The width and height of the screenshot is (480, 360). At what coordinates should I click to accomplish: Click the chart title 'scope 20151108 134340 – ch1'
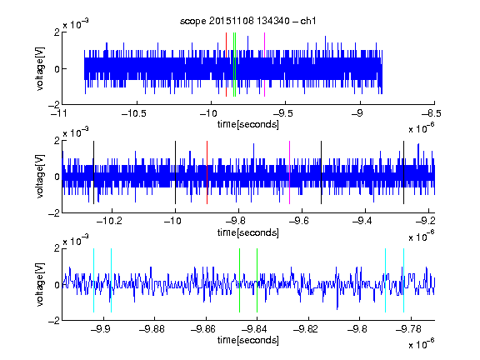(x=247, y=21)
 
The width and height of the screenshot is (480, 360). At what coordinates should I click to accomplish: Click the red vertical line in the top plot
(x=226, y=65)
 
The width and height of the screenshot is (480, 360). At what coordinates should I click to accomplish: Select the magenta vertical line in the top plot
(x=264, y=65)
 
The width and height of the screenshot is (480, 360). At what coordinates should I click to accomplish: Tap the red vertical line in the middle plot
(x=207, y=172)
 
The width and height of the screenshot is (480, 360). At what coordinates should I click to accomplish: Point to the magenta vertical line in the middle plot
(x=290, y=172)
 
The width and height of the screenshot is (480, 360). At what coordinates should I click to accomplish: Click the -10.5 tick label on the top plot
(x=134, y=113)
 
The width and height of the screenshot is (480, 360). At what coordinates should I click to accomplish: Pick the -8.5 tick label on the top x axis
(x=432, y=113)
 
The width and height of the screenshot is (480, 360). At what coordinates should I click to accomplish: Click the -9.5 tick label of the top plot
(x=282, y=113)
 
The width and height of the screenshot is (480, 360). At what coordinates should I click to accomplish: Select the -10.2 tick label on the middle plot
(x=109, y=221)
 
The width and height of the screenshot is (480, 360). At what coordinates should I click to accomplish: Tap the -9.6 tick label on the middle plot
(x=299, y=221)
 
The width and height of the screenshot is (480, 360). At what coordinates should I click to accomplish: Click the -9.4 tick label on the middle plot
(x=362, y=221)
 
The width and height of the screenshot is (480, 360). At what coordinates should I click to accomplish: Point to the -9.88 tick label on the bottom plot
(x=152, y=329)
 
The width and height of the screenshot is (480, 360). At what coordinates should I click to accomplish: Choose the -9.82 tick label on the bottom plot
(x=306, y=329)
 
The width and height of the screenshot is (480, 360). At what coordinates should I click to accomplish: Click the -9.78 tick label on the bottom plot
(x=408, y=329)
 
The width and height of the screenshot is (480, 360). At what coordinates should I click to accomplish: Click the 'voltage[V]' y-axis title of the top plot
(x=40, y=68)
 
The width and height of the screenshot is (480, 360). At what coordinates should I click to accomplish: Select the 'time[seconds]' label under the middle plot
(x=248, y=232)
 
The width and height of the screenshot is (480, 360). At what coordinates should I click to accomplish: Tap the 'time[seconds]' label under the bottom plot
(x=248, y=340)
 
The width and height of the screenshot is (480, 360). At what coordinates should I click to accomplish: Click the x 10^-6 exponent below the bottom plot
(x=422, y=344)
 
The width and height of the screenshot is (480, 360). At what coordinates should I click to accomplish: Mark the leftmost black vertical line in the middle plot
(x=93, y=172)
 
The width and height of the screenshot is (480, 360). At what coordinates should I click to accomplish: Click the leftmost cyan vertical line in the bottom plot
(x=93, y=280)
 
